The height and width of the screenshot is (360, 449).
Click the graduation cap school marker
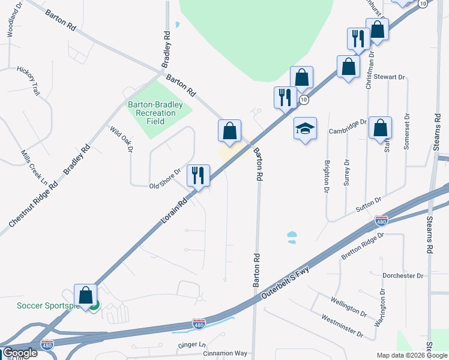(x=305, y=129)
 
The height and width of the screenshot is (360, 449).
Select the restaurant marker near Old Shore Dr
(x=198, y=176)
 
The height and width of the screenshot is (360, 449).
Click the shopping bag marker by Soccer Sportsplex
(x=86, y=296)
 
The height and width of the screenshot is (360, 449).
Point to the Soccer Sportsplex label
(x=48, y=306)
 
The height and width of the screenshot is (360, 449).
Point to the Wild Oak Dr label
(x=121, y=139)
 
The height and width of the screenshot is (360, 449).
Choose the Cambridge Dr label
(x=347, y=127)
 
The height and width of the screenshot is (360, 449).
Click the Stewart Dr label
(x=390, y=77)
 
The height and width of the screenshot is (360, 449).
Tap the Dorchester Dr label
(x=403, y=275)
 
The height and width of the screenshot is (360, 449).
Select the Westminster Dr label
(x=342, y=325)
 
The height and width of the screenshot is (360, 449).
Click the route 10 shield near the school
(x=304, y=99)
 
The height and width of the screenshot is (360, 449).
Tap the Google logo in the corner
(x=20, y=353)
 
